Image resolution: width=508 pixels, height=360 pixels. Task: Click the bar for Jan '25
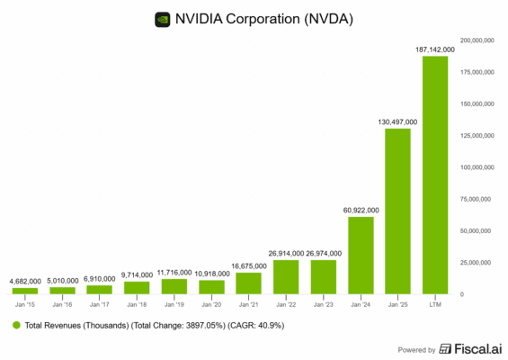[x=397, y=211]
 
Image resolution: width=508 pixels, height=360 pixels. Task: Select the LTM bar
[x=435, y=175]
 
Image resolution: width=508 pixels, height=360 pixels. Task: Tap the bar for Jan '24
[x=361, y=256]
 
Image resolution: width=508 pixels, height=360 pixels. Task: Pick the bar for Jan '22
[x=286, y=277]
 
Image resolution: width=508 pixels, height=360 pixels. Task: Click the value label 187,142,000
[x=435, y=49]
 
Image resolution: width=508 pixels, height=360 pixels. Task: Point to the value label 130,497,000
[x=397, y=121]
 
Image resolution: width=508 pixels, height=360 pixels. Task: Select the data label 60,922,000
[x=360, y=210]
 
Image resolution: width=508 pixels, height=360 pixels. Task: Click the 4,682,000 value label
[x=24, y=281]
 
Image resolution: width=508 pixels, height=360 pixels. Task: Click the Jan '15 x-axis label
[x=24, y=304]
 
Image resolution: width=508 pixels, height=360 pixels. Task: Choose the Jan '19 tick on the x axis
[x=174, y=304]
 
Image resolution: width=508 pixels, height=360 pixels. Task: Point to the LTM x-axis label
[x=435, y=304]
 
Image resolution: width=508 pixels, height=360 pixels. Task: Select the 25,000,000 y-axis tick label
[x=477, y=263]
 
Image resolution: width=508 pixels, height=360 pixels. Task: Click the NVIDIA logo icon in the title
[x=163, y=17]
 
